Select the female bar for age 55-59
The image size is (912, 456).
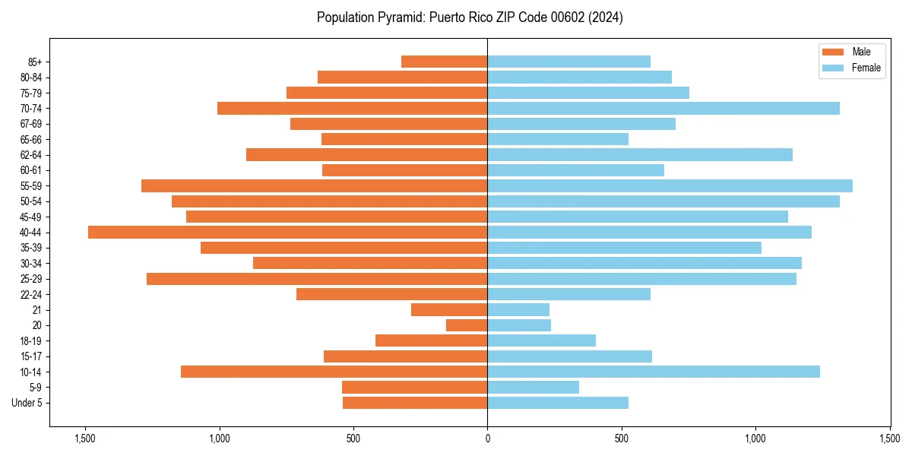[x=670, y=185]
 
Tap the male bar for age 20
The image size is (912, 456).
[x=467, y=325]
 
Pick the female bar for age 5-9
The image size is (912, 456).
[x=533, y=387]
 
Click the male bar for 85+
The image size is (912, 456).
[x=444, y=62]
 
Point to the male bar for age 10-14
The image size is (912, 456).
[x=334, y=372]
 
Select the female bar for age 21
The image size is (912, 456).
[x=518, y=309]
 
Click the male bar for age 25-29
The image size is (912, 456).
[x=317, y=279]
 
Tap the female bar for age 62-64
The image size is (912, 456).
[x=639, y=154]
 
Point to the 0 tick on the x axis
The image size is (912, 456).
[x=487, y=439]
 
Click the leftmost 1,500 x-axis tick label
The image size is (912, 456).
[x=85, y=439]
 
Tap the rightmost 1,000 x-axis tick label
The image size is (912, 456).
[x=755, y=439]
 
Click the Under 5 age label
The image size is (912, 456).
[x=27, y=403]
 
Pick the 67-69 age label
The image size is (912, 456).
[x=31, y=124]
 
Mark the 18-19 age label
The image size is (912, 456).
[x=31, y=340]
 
